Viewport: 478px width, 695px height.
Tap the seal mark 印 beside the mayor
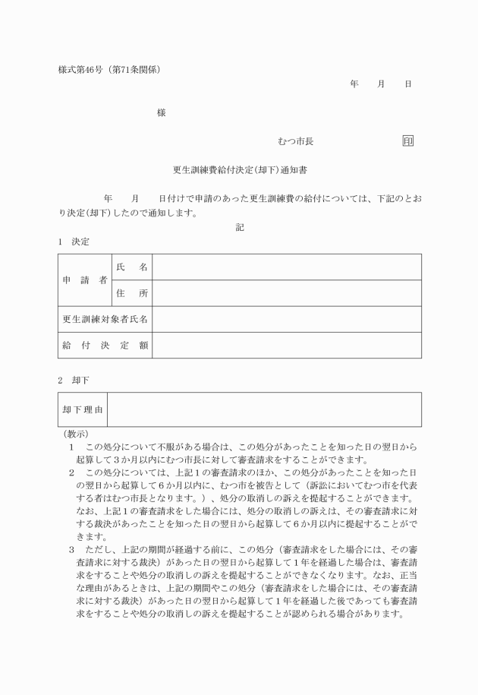tap(407, 141)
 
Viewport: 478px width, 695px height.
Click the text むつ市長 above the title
tap(296, 141)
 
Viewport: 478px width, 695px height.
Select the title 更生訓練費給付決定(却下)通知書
tap(239, 171)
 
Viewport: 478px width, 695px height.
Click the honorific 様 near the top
tap(161, 113)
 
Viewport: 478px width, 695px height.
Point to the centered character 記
tap(240, 226)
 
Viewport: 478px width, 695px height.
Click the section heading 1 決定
tap(74, 242)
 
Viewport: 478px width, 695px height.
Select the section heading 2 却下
tap(74, 378)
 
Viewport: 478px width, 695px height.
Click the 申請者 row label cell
tap(84, 280)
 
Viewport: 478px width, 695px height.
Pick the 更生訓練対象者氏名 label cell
tap(105, 319)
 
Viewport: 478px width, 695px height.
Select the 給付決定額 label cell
tap(105, 345)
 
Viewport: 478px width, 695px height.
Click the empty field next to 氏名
tap(286, 267)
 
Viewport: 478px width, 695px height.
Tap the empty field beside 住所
tap(286, 293)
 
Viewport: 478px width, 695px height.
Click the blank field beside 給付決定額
tap(286, 345)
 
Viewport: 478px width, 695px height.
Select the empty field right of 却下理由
tap(265, 409)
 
